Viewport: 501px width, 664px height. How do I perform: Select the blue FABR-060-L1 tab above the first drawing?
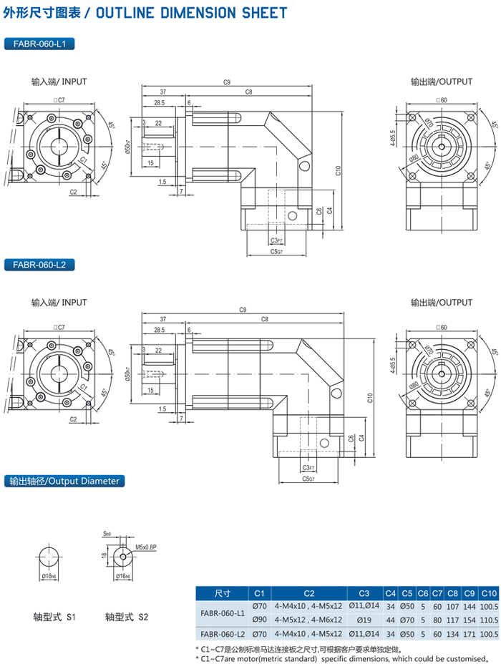pos(39,44)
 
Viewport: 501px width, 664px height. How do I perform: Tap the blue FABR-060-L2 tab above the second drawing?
pos(39,265)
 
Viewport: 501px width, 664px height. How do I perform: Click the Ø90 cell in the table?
pos(259,619)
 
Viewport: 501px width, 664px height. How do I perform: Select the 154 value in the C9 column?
pos(470,619)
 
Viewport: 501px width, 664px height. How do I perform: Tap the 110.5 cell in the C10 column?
pos(489,619)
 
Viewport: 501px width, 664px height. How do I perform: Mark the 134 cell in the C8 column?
pos(452,634)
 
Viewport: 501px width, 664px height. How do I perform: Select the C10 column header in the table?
pos(489,593)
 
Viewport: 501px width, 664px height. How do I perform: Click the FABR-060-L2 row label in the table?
pos(222,634)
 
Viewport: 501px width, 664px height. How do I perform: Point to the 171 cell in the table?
pos(470,634)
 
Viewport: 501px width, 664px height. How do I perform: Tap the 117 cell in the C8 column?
pos(452,619)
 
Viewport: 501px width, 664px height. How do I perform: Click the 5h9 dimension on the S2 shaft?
pos(107,533)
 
